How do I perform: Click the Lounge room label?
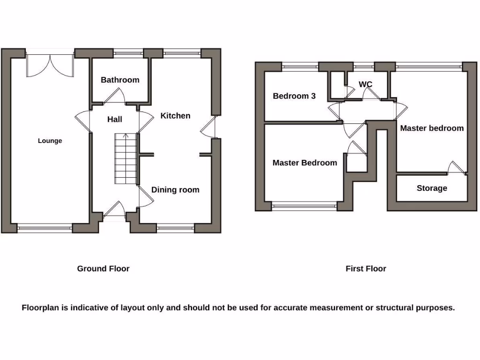[50, 141]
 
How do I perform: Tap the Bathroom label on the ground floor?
[120, 80]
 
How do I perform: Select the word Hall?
[114, 120]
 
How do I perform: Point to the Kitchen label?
[175, 116]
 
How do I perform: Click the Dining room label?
[175, 190]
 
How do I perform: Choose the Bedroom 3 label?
[294, 96]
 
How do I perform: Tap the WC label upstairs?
[365, 84]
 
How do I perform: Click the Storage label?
[432, 188]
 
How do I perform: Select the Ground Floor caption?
[103, 269]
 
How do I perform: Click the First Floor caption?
[366, 269]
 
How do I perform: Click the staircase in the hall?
[125, 158]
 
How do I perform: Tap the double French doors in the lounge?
[50, 65]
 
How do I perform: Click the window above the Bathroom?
[128, 53]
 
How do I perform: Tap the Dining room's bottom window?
[175, 228]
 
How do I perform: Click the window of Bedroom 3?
[300, 67]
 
